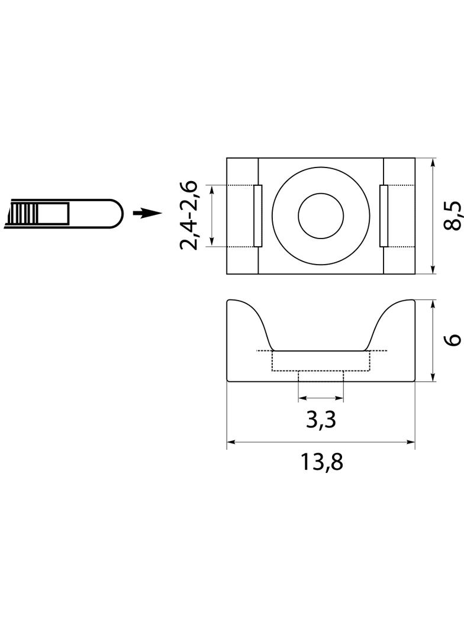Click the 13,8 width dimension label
tap(321, 462)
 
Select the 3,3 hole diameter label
tap(321, 420)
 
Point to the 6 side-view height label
tap(453, 340)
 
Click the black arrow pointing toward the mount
tap(147, 213)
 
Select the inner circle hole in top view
tap(321, 215)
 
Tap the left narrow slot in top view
tap(258, 215)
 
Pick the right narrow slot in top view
tap(384, 215)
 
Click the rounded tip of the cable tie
tap(117, 214)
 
